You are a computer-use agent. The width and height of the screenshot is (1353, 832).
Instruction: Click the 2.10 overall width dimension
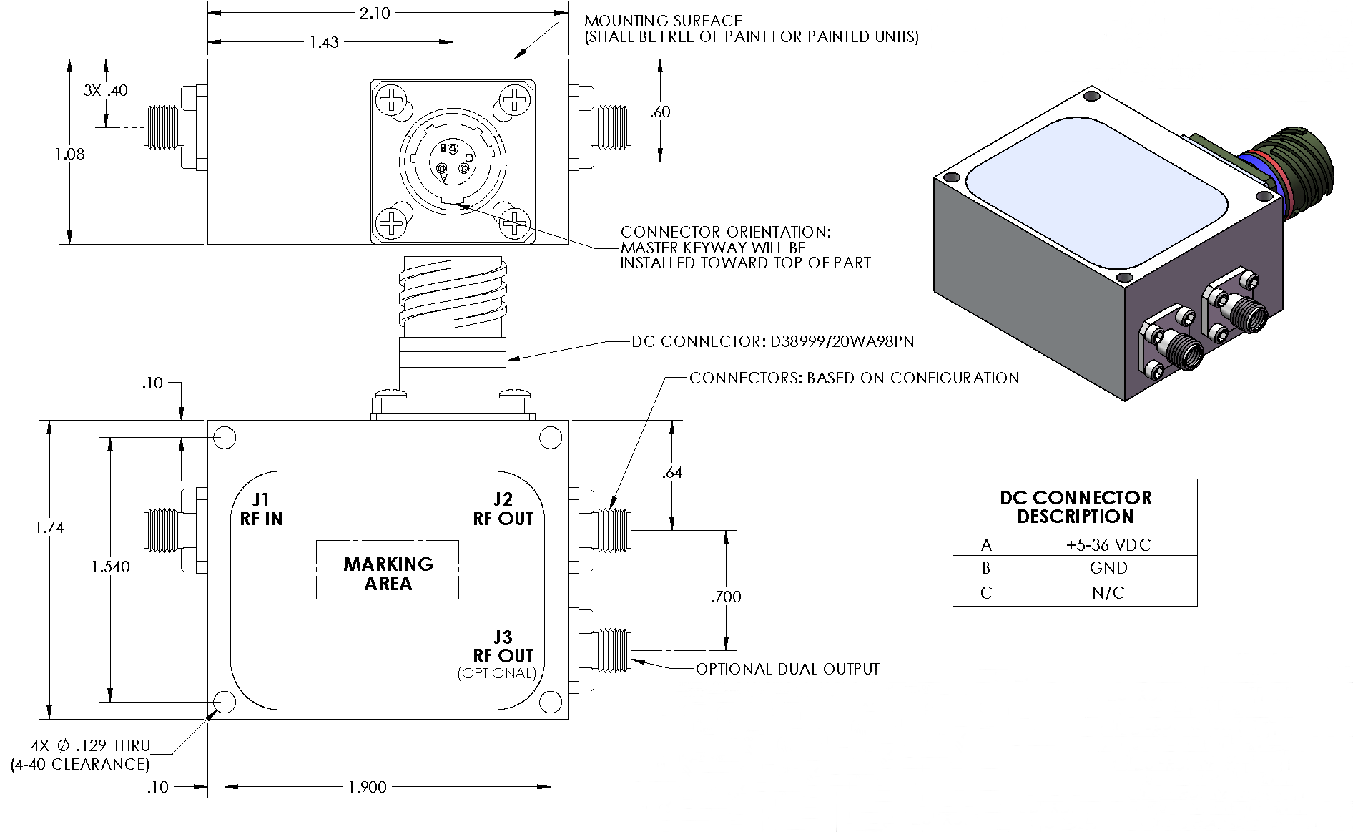point(374,13)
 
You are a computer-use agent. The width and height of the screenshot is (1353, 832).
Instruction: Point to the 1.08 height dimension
point(69,153)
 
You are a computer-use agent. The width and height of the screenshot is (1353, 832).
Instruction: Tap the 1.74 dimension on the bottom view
point(49,527)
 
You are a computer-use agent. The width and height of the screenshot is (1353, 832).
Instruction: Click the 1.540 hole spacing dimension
point(111,567)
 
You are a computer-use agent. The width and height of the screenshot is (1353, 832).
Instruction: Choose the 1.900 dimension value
point(367,787)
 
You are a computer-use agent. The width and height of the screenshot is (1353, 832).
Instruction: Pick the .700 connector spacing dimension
point(726,596)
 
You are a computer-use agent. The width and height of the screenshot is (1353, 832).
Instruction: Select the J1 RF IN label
point(261,509)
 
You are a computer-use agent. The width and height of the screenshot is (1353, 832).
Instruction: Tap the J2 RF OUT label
point(503,509)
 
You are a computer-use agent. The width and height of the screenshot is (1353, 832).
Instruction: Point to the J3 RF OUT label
point(503,646)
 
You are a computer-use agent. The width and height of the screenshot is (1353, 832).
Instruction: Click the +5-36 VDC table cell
point(1108,545)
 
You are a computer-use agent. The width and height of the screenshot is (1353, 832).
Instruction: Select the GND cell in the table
point(1108,568)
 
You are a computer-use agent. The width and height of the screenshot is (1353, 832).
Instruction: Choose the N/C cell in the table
point(1108,592)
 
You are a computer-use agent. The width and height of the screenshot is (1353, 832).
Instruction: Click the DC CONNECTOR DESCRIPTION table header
point(1075,506)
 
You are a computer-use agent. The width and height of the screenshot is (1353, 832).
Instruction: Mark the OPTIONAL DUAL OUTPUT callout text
point(787,669)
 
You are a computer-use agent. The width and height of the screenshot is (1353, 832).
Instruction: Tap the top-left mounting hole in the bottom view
point(225,437)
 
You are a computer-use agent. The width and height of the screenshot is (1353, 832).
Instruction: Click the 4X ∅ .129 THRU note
point(90,745)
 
